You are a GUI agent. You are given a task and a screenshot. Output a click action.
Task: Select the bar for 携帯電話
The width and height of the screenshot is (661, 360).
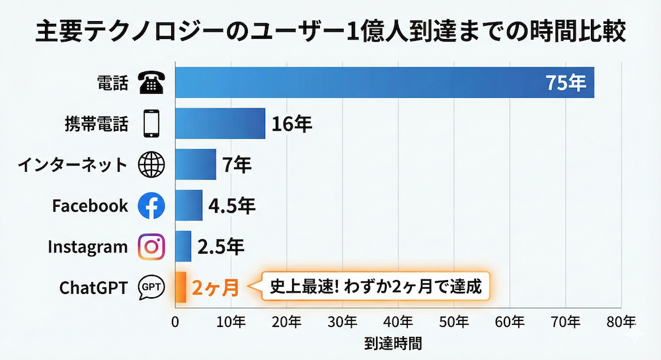pyautogui.click(x=220, y=124)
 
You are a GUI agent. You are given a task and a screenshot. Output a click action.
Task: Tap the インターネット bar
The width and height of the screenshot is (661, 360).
pyautogui.click(x=196, y=164)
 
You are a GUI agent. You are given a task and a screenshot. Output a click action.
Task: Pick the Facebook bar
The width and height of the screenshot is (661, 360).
pyautogui.click(x=189, y=205)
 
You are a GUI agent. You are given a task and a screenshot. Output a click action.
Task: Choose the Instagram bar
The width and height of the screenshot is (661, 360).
pyautogui.click(x=183, y=246)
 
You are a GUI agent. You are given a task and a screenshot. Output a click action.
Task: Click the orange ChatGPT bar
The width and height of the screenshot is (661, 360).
pyautogui.click(x=180, y=287)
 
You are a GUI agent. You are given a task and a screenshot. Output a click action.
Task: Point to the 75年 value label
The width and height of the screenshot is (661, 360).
pyautogui.click(x=565, y=83)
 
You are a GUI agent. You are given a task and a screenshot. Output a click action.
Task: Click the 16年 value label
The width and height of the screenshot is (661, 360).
pyautogui.click(x=292, y=124)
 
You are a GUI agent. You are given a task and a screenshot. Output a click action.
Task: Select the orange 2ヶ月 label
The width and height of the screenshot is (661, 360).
pyautogui.click(x=214, y=288)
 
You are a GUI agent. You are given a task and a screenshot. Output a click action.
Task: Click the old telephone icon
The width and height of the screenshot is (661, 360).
pyautogui.click(x=151, y=83)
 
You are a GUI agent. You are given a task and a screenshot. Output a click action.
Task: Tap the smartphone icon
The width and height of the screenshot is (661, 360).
pyautogui.click(x=152, y=124)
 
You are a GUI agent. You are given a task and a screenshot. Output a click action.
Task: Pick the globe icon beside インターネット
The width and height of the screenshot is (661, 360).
pyautogui.click(x=151, y=165)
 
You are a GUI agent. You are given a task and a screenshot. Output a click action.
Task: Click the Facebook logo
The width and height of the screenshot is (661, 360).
pyautogui.click(x=151, y=206)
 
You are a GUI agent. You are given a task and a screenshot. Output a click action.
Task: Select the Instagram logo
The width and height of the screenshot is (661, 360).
pyautogui.click(x=151, y=247)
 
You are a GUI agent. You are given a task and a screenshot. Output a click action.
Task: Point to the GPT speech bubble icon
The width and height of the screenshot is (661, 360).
pyautogui.click(x=151, y=288)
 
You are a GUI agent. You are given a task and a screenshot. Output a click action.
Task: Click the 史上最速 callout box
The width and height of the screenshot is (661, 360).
pyautogui.click(x=375, y=287)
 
